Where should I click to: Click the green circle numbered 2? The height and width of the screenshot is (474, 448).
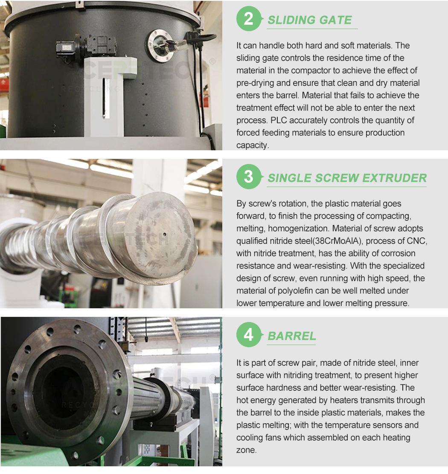tap(248, 19)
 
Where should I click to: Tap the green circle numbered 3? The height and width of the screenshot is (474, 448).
tap(248, 177)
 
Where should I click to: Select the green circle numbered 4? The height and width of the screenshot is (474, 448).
tap(248, 335)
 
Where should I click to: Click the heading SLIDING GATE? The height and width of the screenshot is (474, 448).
tap(310, 20)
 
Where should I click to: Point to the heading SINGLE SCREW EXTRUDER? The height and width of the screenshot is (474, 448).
tap(347, 178)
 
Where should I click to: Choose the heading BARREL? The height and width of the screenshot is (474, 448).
tap(292, 336)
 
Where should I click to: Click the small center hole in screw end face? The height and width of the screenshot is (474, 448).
tap(164, 234)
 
